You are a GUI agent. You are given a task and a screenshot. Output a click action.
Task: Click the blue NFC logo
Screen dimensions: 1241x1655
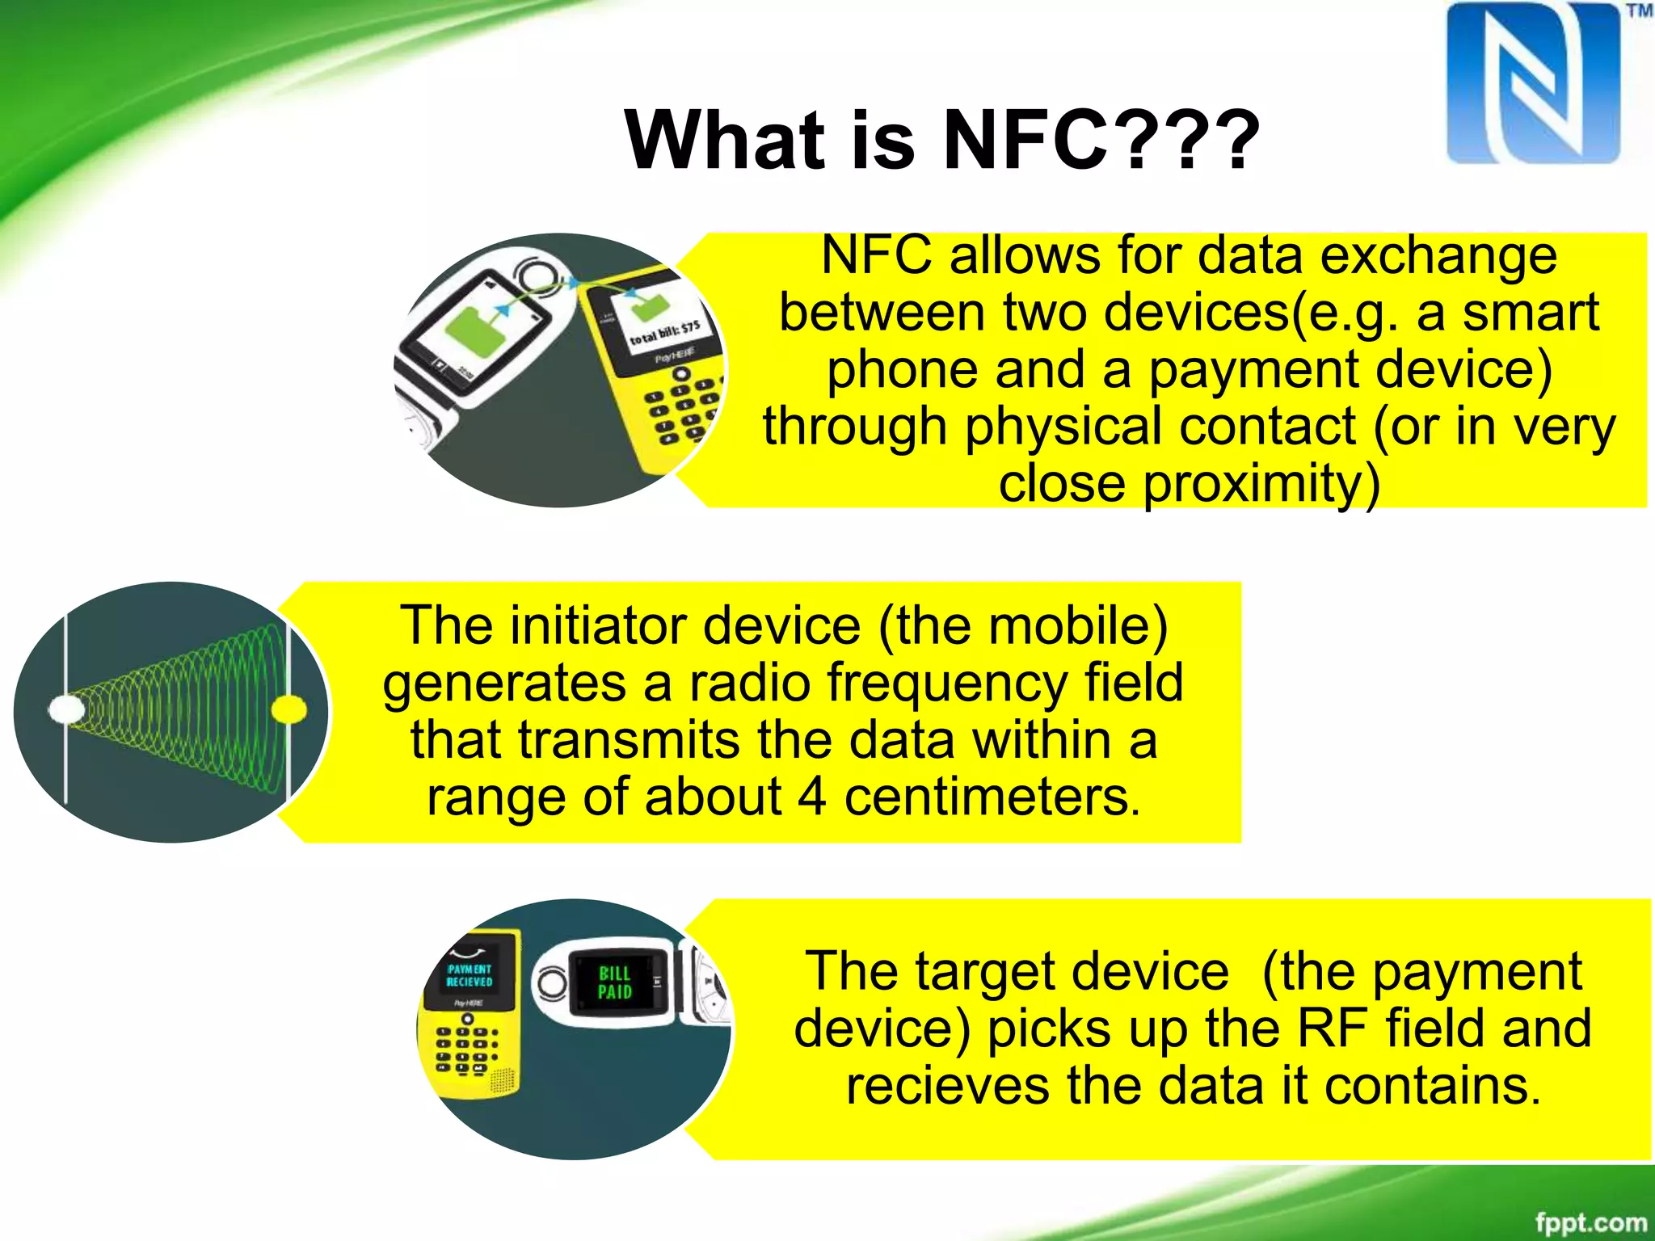point(1533,82)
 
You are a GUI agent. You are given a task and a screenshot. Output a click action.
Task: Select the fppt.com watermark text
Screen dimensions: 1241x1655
point(1590,1222)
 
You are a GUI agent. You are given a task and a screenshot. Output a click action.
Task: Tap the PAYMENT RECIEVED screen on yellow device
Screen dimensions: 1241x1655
point(470,975)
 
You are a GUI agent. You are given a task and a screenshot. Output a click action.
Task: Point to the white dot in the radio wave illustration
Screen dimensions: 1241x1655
point(66,710)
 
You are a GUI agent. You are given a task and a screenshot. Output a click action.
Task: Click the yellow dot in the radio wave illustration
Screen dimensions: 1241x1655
point(288,710)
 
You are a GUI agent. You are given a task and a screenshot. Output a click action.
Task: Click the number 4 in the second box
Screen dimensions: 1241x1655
point(811,797)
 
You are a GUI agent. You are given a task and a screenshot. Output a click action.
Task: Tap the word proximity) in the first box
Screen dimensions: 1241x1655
point(1189,484)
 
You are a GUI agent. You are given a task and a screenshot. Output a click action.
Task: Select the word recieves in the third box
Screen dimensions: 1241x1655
point(947,1086)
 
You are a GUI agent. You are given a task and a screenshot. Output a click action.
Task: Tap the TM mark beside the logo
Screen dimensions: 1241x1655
point(1638,11)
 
